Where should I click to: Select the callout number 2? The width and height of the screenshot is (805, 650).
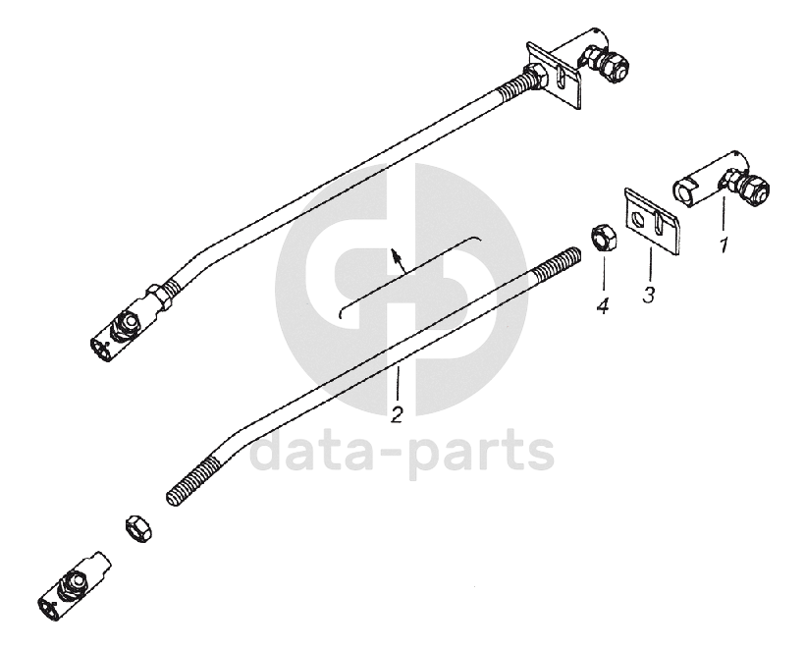pos(397,415)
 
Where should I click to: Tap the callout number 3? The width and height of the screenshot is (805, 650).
pos(648,294)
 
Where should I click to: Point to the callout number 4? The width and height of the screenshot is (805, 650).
pos(602,307)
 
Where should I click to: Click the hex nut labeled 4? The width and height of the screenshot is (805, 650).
pos(602,240)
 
